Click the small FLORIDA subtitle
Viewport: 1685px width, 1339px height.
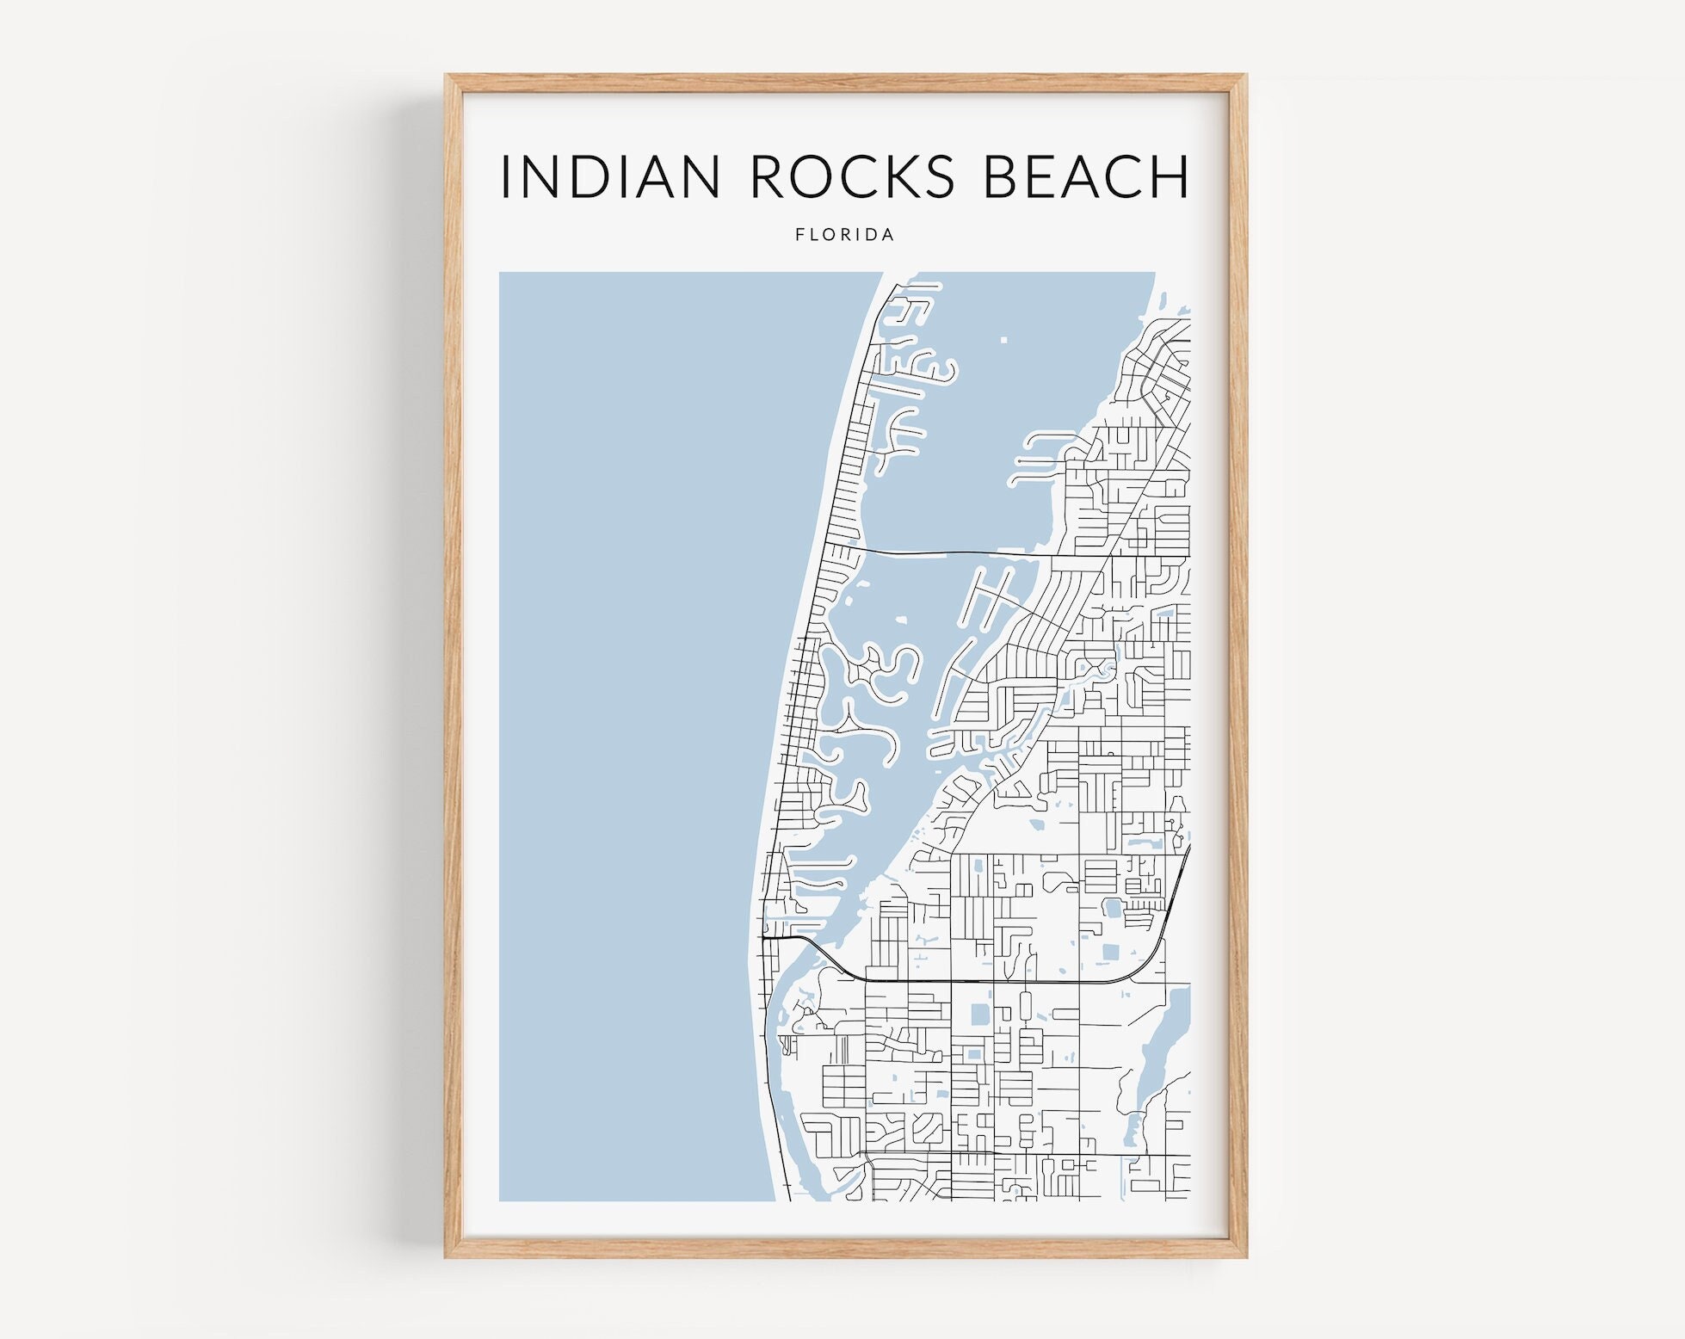click(x=844, y=234)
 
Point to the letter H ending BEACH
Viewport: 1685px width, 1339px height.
click(x=1170, y=176)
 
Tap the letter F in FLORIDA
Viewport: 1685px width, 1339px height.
click(x=800, y=234)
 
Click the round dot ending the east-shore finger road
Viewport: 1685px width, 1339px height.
click(x=1019, y=461)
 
